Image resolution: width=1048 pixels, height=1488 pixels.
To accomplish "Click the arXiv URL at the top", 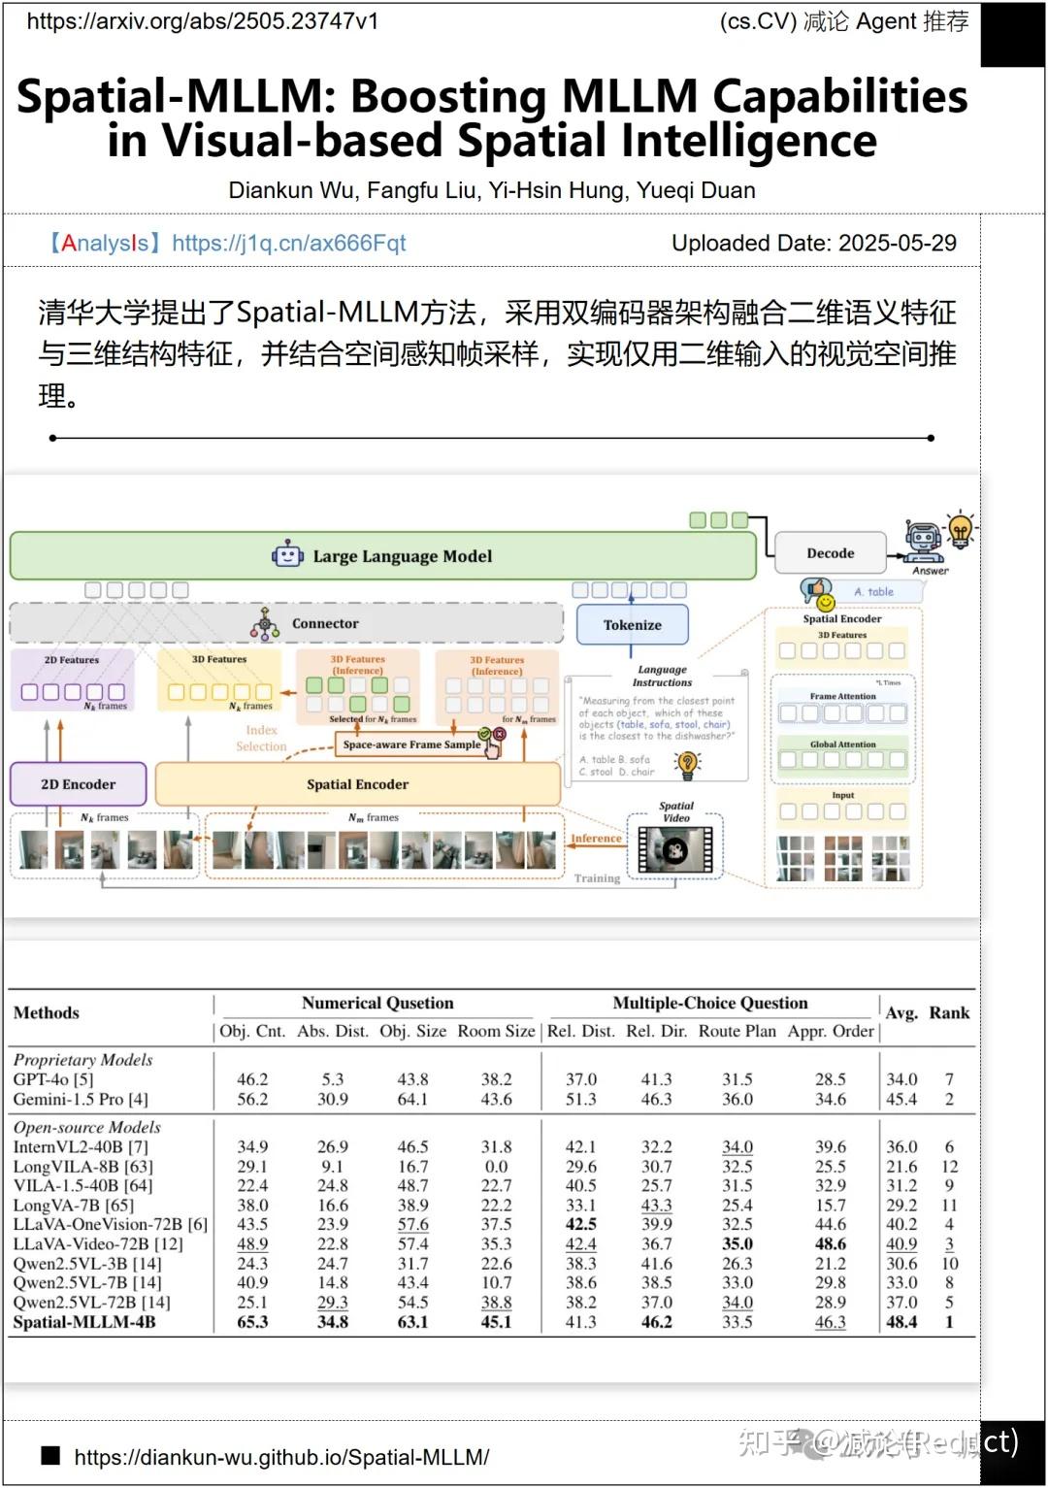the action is pyautogui.click(x=203, y=21).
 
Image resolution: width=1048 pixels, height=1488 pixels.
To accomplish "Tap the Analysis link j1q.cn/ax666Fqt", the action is pyautogui.click(x=288, y=243).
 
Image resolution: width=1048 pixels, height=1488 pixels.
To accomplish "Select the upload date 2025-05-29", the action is pyautogui.click(x=897, y=243).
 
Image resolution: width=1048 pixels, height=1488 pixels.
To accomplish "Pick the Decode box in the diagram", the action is pyautogui.click(x=830, y=553).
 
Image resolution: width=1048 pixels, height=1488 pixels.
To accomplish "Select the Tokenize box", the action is pyautogui.click(x=632, y=625).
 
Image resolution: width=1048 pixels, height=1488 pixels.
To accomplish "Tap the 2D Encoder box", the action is pyautogui.click(x=78, y=784).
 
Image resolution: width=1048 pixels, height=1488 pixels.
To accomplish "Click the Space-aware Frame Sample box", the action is pyautogui.click(x=411, y=744).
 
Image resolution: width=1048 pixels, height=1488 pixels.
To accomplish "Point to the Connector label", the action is pyautogui.click(x=325, y=624).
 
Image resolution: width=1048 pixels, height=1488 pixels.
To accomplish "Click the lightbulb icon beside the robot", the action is pyautogui.click(x=960, y=530).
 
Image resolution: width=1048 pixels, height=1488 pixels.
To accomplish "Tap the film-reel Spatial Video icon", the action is pyautogui.click(x=675, y=851).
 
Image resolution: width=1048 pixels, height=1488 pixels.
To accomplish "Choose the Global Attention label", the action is pyautogui.click(x=842, y=744).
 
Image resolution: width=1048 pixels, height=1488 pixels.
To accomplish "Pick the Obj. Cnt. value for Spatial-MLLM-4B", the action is pyautogui.click(x=252, y=1322).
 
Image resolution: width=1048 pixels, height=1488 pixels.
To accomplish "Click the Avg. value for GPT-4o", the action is pyautogui.click(x=901, y=1079).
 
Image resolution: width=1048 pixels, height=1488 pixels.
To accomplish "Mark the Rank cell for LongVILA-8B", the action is pyautogui.click(x=949, y=1167).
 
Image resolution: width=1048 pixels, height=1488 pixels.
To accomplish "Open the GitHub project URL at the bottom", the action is pyautogui.click(x=281, y=1457).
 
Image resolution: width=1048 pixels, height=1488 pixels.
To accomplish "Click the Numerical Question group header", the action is pyautogui.click(x=377, y=1004).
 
